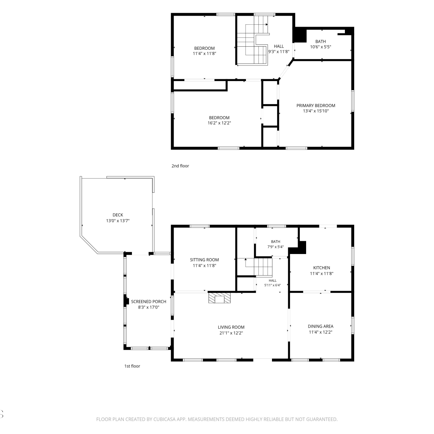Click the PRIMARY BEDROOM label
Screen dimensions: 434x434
[316, 106]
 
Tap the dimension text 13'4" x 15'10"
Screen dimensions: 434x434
[316, 111]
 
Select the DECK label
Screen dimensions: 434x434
[118, 215]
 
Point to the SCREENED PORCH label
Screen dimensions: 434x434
[149, 301]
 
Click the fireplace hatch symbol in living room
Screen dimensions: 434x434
[220, 298]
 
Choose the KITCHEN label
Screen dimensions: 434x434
[321, 268]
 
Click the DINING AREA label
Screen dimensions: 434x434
[321, 326]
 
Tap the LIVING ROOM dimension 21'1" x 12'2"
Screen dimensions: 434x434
[231, 333]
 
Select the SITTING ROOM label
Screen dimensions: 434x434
[204, 260]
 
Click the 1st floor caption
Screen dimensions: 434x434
[132, 366]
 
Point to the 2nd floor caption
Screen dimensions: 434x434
[180, 166]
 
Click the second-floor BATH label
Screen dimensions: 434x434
[321, 42]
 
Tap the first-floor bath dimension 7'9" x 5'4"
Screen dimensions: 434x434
[275, 247]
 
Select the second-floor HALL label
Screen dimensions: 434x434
[279, 46]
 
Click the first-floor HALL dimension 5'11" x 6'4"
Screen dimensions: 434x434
[273, 285]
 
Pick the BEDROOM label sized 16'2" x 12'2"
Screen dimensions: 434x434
[219, 118]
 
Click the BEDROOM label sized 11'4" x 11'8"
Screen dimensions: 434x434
[205, 48]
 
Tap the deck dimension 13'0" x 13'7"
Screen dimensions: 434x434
[118, 221]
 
